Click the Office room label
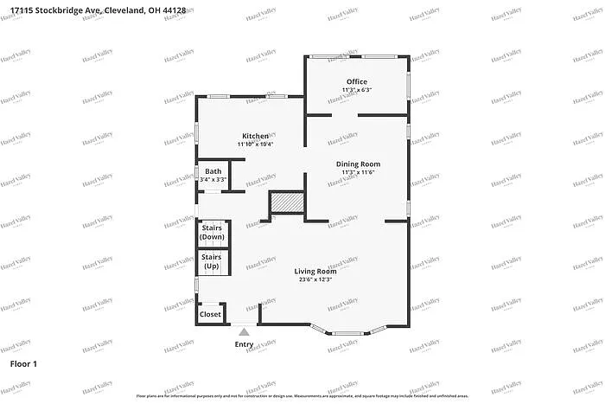357,82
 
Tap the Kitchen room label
255,136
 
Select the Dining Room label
358,164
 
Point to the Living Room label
315,271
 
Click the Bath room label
213,171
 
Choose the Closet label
210,314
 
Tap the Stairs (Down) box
212,233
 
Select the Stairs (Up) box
212,260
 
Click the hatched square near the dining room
287,202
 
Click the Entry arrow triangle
245,331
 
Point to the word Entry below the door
245,345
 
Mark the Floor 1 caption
23,364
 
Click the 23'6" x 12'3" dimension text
315,279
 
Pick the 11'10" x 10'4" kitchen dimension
255,144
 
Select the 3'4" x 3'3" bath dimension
213,179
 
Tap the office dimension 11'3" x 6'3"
357,90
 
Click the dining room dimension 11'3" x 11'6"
358,172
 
